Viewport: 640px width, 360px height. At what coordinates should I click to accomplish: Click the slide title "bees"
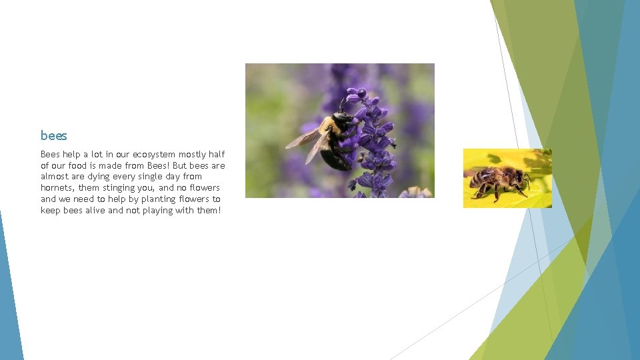click(54, 136)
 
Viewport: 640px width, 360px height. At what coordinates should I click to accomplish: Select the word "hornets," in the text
click(59, 188)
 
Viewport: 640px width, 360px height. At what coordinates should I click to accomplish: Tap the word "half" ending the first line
click(217, 155)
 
